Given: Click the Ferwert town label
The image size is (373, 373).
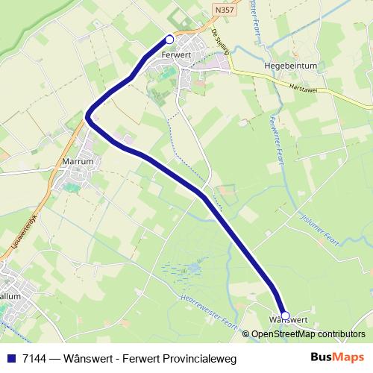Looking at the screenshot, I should (176, 54).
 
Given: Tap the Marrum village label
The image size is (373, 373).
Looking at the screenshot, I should (78, 161).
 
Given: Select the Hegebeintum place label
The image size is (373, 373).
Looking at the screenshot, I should (291, 65).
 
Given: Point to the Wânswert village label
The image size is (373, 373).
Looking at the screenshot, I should (287, 321).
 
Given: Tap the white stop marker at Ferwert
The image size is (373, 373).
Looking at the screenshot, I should (169, 40).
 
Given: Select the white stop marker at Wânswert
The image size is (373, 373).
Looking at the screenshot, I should (284, 316).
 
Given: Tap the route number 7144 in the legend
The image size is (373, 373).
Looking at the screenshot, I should (31, 359).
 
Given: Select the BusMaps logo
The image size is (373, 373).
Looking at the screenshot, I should (338, 357).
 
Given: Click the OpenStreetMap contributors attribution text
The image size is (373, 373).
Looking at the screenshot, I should (308, 334).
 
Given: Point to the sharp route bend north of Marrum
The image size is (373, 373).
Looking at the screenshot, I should (88, 116).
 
